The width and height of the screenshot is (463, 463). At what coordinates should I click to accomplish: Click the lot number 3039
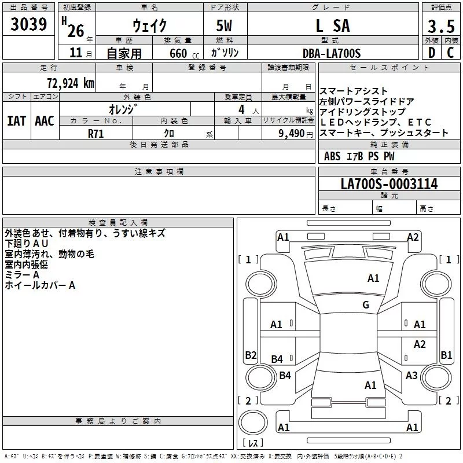(29, 24)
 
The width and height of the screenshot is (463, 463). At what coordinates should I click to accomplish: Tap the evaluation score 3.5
(440, 26)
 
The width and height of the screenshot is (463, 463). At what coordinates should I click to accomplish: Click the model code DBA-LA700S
(332, 53)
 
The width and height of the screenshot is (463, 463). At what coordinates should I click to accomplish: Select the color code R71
(96, 134)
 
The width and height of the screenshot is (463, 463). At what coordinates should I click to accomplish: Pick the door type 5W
(225, 26)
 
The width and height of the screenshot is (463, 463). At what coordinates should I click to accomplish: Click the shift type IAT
(16, 121)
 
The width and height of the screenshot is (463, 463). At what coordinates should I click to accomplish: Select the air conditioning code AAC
(44, 121)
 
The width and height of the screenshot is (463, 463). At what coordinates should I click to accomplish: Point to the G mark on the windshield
(366, 305)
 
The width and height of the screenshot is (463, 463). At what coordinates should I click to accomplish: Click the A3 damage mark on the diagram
(411, 376)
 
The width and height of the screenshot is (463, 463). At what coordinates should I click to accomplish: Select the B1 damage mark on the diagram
(446, 355)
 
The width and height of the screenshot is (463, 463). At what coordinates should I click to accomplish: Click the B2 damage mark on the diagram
(251, 355)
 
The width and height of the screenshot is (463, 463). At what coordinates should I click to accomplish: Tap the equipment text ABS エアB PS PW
(359, 156)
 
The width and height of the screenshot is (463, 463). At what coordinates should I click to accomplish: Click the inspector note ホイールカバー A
(40, 285)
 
